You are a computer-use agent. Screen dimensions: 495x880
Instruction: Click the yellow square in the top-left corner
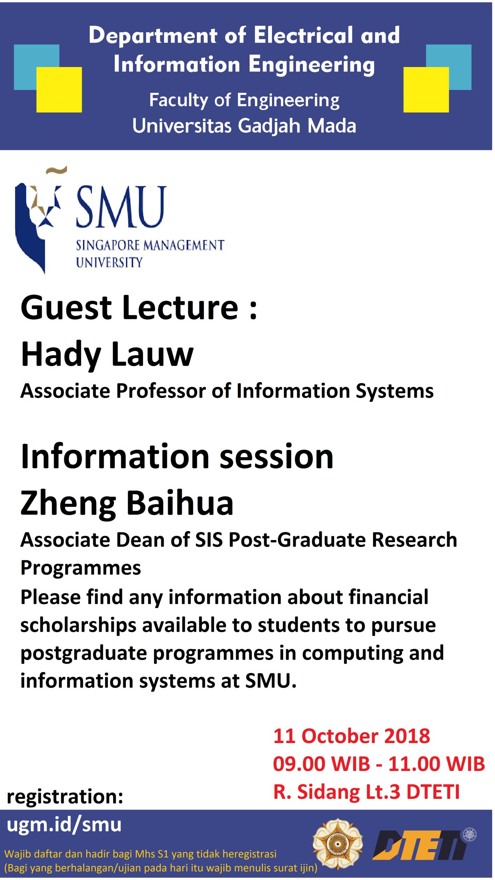(59, 89)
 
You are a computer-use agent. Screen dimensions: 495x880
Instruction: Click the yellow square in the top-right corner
(426, 89)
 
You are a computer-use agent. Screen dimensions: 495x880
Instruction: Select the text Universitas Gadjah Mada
(244, 126)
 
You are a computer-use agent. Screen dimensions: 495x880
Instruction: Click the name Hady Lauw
(107, 354)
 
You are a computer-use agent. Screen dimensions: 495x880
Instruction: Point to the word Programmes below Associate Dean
(81, 568)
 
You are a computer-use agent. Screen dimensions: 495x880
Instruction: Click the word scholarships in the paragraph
(78, 625)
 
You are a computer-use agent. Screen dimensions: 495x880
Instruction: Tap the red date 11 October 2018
(351, 736)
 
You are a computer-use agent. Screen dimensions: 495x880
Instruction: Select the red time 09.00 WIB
(321, 764)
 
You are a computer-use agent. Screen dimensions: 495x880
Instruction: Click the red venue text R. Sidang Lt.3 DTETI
(366, 792)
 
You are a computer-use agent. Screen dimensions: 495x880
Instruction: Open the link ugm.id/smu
(64, 825)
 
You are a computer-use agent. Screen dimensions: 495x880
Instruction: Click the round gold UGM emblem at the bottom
(337, 844)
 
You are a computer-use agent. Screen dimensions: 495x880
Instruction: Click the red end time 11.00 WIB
(437, 764)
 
